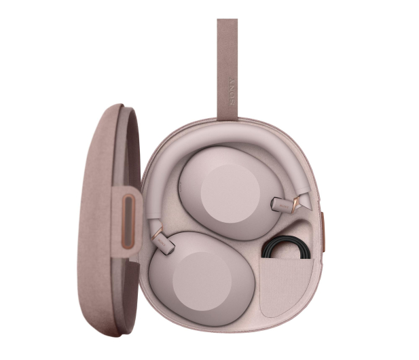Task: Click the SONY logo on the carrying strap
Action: tap(232, 91)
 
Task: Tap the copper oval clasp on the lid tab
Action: tap(128, 221)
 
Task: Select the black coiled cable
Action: tap(287, 247)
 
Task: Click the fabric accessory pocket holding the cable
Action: tap(286, 287)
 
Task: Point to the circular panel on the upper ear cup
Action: tap(230, 194)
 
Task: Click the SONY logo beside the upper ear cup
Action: tap(283, 205)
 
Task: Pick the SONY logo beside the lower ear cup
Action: tap(162, 240)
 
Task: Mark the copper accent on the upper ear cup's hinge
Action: tap(295, 204)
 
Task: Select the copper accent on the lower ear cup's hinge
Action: tap(157, 233)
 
